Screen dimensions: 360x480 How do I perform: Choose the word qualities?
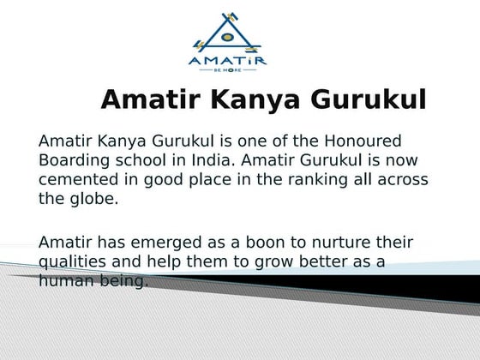tap(71, 261)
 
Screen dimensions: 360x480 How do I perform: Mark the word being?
tap(126, 281)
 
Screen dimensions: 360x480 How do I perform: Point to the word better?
tap(316, 261)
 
